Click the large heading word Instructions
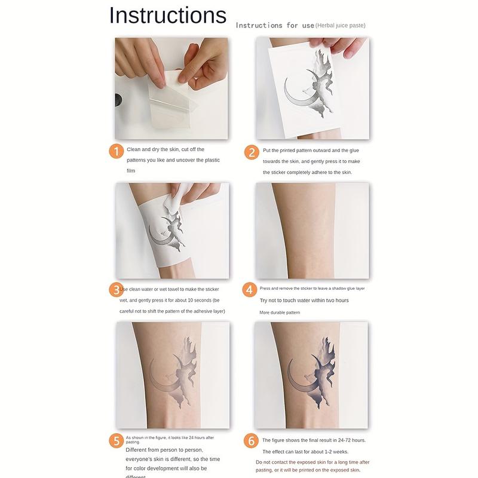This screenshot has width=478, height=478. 168,16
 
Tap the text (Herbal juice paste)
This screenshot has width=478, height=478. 341,25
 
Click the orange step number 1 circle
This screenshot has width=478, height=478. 116,151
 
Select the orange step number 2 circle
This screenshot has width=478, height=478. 252,152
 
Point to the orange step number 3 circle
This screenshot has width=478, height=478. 116,290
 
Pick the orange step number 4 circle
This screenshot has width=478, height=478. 250,290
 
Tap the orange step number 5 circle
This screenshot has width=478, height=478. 116,442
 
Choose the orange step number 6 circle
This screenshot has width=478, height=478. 252,442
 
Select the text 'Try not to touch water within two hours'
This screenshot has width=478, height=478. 304,301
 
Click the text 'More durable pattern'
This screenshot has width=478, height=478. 280,312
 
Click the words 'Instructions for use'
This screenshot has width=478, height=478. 274,25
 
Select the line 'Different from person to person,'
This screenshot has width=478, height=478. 164,450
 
